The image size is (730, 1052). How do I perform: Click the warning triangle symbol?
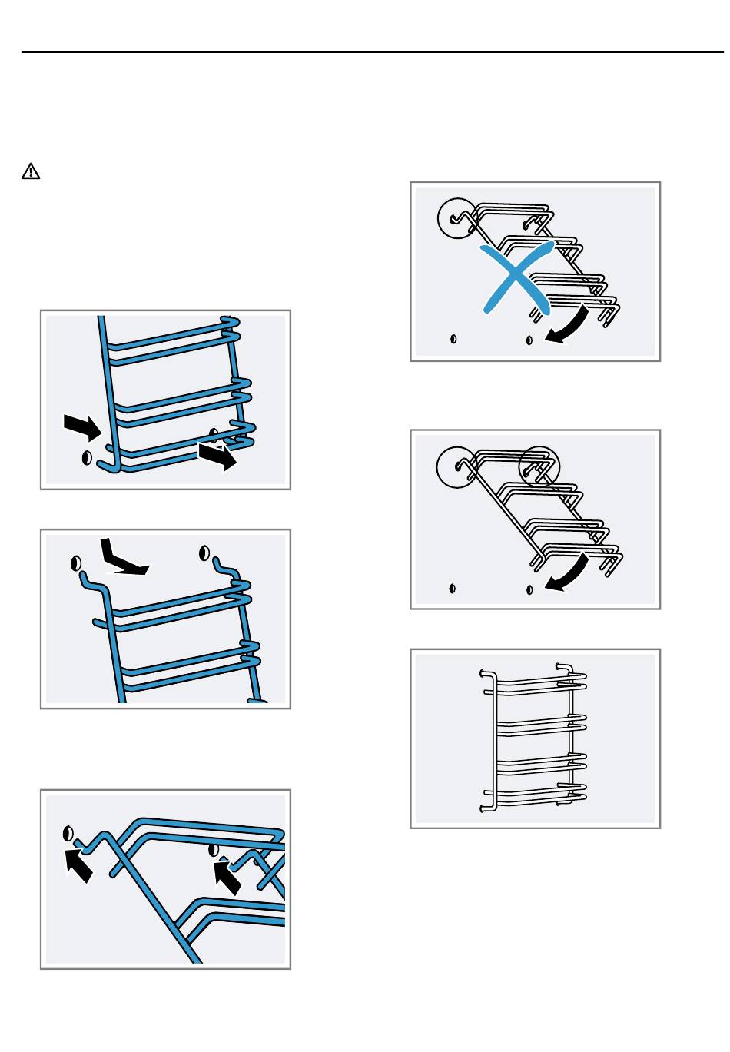(31, 171)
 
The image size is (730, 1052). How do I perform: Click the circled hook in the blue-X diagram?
(456, 218)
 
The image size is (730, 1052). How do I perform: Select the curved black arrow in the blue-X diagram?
(569, 326)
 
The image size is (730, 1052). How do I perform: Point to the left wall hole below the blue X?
(453, 338)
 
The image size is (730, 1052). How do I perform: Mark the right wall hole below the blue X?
(529, 339)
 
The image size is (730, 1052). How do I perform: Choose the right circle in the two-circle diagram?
(539, 466)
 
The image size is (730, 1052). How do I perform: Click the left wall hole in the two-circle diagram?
(453, 589)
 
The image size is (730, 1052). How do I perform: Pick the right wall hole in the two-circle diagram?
(529, 589)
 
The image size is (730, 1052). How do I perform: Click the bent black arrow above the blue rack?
(121, 559)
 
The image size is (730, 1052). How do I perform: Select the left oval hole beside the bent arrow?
(76, 563)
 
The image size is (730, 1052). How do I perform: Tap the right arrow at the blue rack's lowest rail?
(217, 455)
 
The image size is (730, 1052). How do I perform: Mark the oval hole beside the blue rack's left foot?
(87, 457)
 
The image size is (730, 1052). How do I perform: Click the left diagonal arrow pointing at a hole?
(78, 864)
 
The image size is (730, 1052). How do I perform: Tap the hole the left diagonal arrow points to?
(68, 833)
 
